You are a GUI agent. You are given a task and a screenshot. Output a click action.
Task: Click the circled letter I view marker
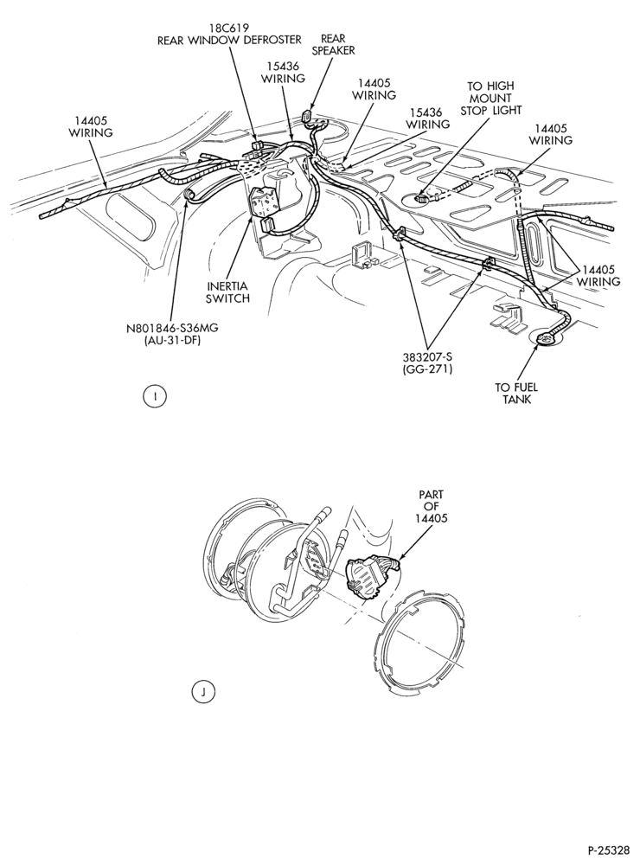click(157, 396)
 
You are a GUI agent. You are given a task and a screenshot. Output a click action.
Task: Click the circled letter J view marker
click(203, 692)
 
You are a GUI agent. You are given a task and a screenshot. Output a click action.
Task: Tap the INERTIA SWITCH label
click(227, 292)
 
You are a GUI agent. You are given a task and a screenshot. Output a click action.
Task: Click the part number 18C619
click(229, 28)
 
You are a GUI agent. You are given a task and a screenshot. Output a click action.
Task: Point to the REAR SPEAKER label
click(333, 44)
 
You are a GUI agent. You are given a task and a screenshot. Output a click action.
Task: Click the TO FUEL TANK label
click(515, 393)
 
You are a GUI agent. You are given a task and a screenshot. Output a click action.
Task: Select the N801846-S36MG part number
click(173, 328)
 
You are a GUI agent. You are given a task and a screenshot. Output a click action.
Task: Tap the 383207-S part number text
click(427, 357)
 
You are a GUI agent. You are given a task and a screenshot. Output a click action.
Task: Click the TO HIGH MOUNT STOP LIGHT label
click(490, 98)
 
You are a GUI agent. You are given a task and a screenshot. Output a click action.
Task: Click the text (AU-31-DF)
click(173, 340)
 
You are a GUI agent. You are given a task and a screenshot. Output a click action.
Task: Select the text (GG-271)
click(427, 369)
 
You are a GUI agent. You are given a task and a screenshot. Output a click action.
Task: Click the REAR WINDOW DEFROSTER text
click(229, 40)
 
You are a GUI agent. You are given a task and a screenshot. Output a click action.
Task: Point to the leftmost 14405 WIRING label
click(91, 126)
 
